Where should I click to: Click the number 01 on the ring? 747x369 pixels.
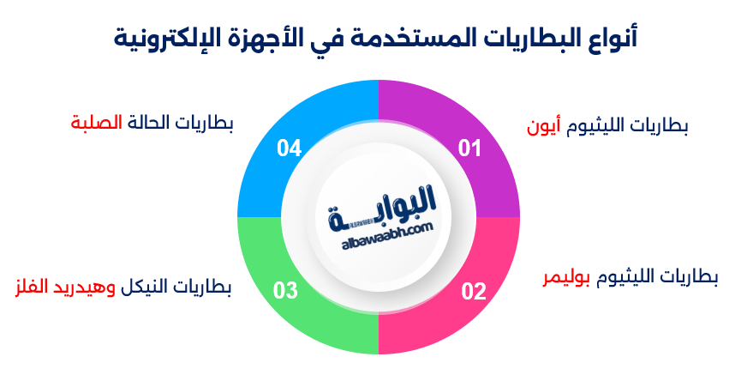pyautogui.click(x=469, y=148)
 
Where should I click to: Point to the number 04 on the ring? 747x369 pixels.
pyautogui.click(x=289, y=148)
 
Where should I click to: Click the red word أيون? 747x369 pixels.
pyautogui.click(x=543, y=126)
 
